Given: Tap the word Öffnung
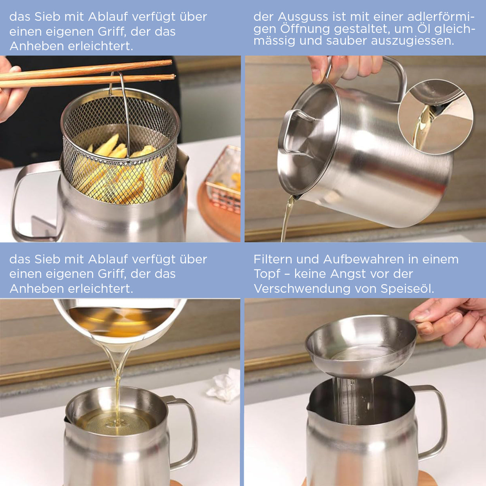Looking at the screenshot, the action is point(305,29).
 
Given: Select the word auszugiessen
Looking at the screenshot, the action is point(412,41).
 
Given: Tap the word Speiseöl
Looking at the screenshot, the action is point(407,289).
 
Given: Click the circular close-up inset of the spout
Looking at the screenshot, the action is point(435,116).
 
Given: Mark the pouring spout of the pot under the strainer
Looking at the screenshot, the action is point(310,406).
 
